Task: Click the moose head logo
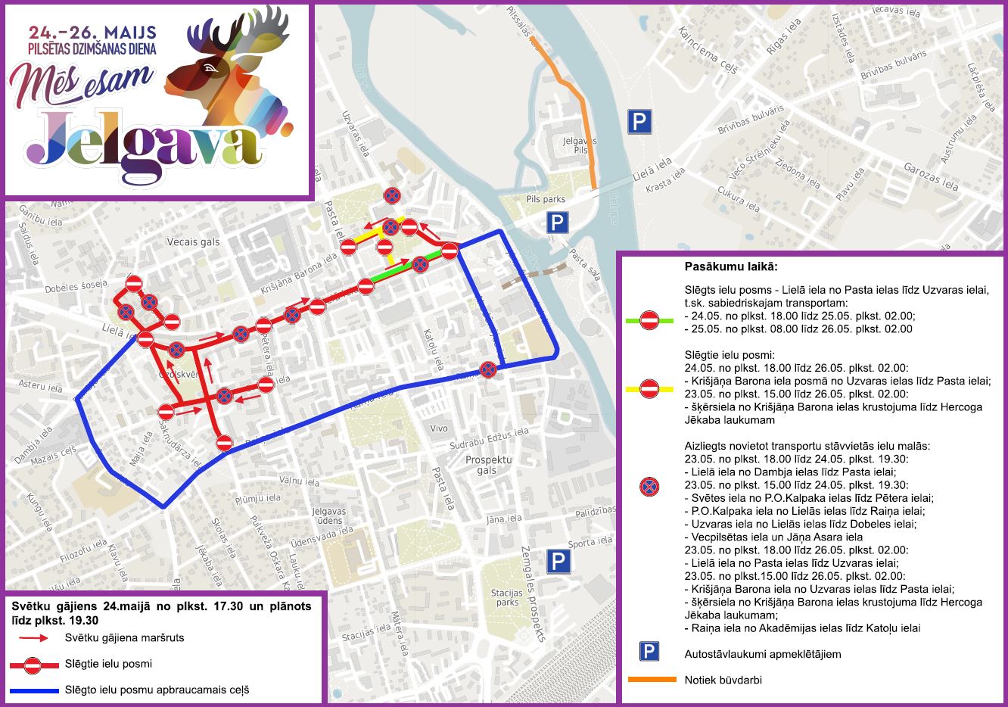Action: point(227,72)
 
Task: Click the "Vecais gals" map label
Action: point(194,242)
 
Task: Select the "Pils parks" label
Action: point(546,199)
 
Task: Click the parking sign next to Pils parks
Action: point(558,223)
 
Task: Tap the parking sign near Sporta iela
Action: point(558,561)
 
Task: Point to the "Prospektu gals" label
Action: point(488,465)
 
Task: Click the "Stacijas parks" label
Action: point(507,597)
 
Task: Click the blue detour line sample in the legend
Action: point(34,690)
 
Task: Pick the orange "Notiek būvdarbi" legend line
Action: point(652,680)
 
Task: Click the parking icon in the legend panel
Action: point(649,652)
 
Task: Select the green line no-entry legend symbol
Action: point(649,320)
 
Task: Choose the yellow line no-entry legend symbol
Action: point(649,389)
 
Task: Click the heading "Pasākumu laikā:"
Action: point(730,267)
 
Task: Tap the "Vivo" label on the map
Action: point(439,428)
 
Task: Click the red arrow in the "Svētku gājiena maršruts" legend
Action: point(34,638)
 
